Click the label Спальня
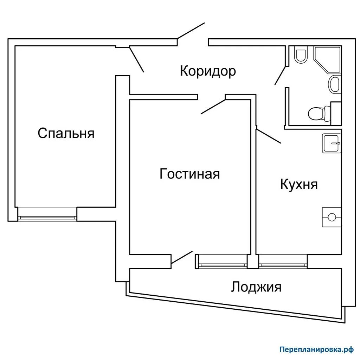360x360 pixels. click(x=66, y=134)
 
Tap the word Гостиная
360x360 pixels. click(x=189, y=174)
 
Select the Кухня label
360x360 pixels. click(x=299, y=184)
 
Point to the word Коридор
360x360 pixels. click(x=208, y=71)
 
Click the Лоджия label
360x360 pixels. click(x=256, y=287)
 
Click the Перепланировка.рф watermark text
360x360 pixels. click(x=316, y=349)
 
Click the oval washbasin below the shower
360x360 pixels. click(x=334, y=84)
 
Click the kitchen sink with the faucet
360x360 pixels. click(x=331, y=143)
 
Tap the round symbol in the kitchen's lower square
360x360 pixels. click(x=332, y=217)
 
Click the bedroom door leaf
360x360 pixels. click(x=137, y=59)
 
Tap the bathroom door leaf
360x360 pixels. click(x=281, y=75)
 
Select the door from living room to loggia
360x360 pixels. click(x=182, y=257)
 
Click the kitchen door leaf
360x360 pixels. click(x=269, y=136)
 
